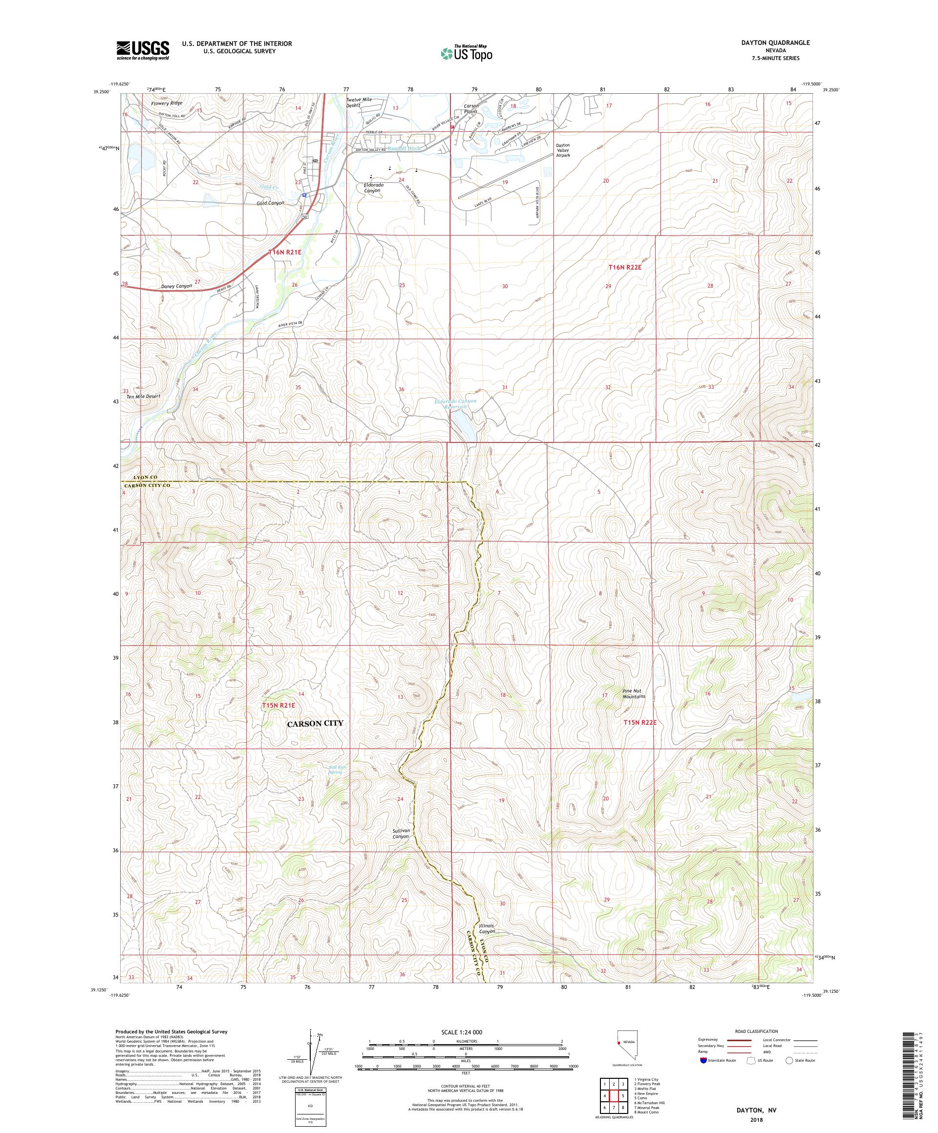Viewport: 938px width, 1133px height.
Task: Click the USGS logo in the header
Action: tap(143, 50)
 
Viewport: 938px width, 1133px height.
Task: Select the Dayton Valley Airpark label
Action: tap(563, 150)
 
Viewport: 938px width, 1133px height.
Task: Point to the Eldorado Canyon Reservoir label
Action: tap(455, 404)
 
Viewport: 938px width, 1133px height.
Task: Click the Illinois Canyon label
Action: tap(486, 928)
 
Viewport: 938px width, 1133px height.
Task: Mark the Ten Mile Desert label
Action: tap(143, 396)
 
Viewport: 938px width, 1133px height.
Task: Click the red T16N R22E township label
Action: tap(624, 267)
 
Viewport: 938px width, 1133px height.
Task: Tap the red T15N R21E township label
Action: tap(278, 705)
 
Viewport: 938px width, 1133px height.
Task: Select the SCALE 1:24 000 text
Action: tap(465, 1032)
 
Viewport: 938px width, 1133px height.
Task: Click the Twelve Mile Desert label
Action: tap(359, 102)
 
